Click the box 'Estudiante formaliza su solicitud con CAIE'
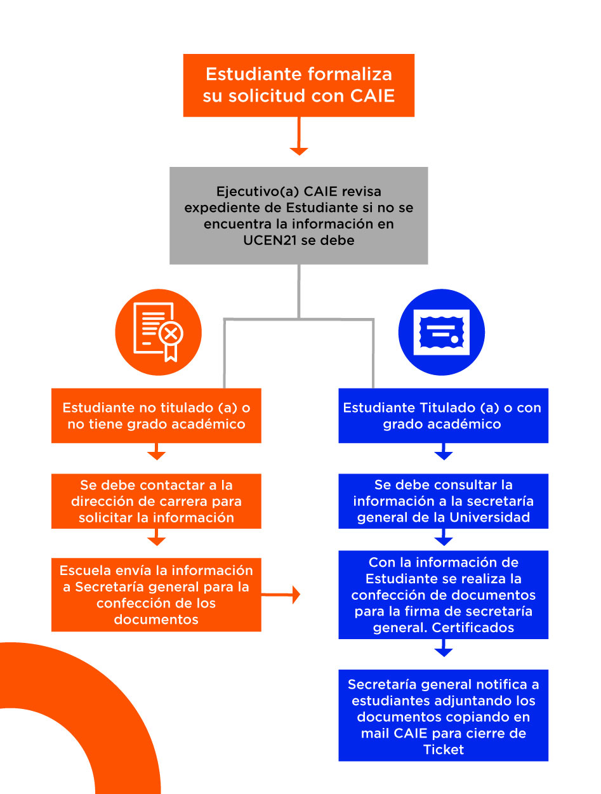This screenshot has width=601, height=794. tap(298, 85)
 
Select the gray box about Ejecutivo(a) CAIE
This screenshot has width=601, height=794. tap(298, 215)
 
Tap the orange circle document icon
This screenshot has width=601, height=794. tap(158, 332)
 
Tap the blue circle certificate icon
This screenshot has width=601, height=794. tap(441, 332)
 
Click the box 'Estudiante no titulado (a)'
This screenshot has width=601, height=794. tap(156, 416)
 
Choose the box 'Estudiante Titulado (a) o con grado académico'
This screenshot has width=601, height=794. tap(442, 416)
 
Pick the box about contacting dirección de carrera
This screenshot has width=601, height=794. tap(156, 501)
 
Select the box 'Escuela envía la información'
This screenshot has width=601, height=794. tap(156, 595)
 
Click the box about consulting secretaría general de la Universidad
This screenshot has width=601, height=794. tap(442, 501)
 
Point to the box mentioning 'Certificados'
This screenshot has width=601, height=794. tap(442, 595)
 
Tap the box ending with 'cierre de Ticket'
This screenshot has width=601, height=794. tap(442, 716)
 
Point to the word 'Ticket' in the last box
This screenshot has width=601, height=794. tap(443, 750)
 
